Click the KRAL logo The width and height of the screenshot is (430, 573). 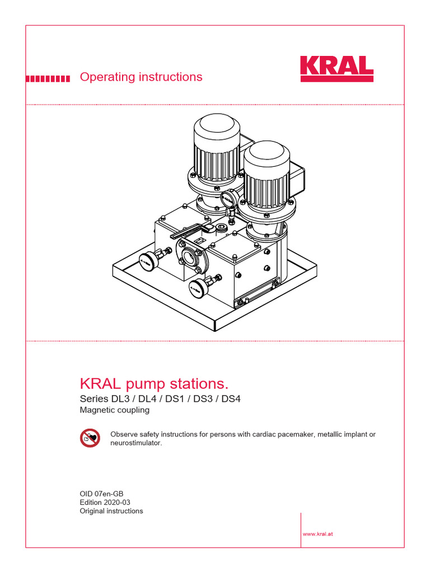click(x=336, y=69)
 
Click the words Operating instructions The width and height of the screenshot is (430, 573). click(x=141, y=77)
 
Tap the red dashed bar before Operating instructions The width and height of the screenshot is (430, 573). click(x=48, y=78)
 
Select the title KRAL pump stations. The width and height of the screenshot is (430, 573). click(x=155, y=384)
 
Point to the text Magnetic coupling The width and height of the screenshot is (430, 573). click(x=114, y=410)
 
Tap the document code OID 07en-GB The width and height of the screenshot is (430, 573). click(x=101, y=494)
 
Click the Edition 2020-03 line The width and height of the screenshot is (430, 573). click(x=105, y=502)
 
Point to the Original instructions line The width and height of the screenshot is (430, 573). click(x=111, y=511)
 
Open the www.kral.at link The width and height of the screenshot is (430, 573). click(x=318, y=534)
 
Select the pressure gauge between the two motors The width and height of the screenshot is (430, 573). click(x=228, y=199)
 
